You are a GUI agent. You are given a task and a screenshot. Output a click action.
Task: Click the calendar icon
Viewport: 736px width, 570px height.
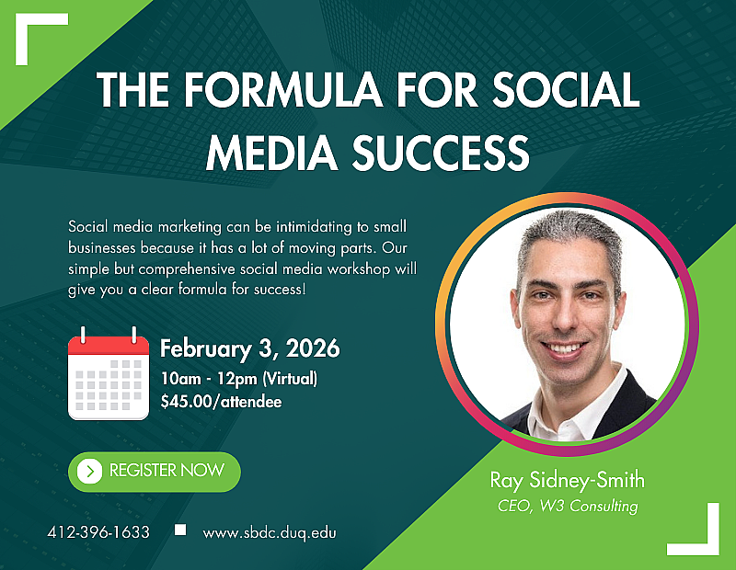click(109, 374)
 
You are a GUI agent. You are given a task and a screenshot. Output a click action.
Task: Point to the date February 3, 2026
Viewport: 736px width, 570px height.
click(250, 349)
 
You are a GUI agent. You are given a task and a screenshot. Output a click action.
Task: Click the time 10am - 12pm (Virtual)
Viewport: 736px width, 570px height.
click(238, 380)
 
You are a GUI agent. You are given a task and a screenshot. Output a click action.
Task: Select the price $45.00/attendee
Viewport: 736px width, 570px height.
click(220, 401)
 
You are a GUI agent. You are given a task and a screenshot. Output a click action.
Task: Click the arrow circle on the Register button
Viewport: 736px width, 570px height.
click(89, 472)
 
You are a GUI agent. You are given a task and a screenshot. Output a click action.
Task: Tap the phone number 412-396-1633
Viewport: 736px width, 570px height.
click(98, 532)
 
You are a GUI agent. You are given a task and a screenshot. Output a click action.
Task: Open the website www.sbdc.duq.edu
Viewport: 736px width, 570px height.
click(269, 532)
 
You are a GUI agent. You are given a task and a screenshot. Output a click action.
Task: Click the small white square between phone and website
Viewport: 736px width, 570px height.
click(180, 530)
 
